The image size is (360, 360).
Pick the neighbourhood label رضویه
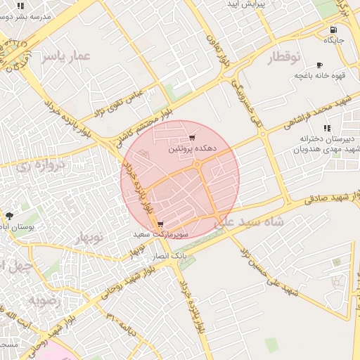(x=43, y=300)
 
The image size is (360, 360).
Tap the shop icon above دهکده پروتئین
(x=192, y=138)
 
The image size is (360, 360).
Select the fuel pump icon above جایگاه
(x=333, y=30)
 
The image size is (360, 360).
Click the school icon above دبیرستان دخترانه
(x=327, y=128)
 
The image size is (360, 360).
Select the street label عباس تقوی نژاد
(x=121, y=103)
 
